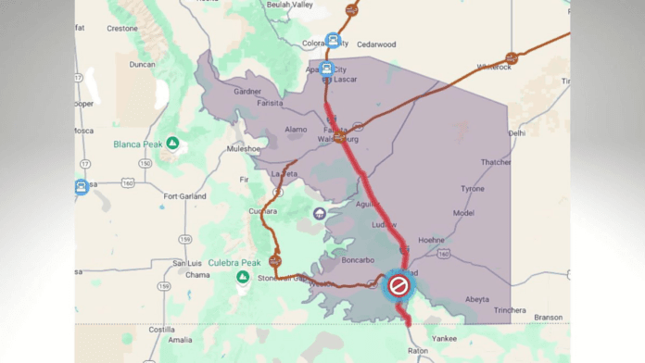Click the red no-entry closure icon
(x=398, y=285)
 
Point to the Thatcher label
(x=495, y=162)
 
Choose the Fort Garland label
(x=183, y=196)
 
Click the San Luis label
(x=190, y=263)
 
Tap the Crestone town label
(x=121, y=28)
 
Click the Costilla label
(x=161, y=329)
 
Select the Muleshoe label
(x=244, y=148)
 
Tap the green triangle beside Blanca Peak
(x=172, y=144)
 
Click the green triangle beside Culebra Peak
(x=242, y=276)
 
